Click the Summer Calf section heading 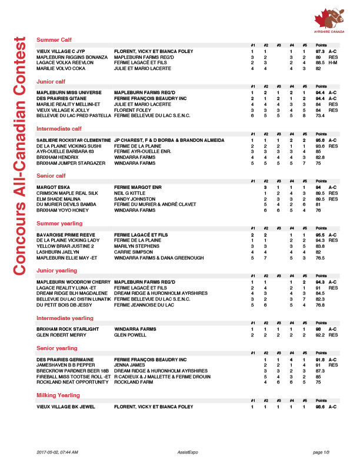(x=54, y=39)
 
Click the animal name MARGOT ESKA (x=51, y=188)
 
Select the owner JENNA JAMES (x=128, y=365)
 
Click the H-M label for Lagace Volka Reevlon (x=332, y=62)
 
